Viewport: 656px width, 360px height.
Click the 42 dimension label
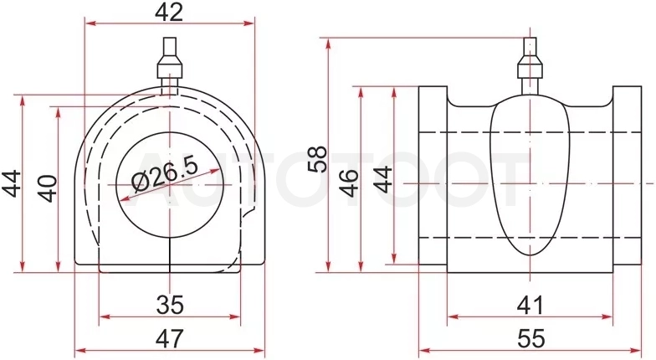coord(169,12)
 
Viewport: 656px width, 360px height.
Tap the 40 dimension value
coord(49,188)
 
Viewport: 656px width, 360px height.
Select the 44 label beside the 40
coord(12,183)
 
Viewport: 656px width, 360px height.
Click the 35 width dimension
coord(170,305)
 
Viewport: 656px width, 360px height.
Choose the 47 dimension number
coord(170,338)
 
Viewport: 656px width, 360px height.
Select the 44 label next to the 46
coord(383,179)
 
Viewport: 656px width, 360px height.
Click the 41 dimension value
coord(530,305)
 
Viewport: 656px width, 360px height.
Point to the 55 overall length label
coord(531,338)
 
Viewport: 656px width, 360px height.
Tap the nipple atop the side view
coord(530,65)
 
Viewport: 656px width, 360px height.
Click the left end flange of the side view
coord(433,176)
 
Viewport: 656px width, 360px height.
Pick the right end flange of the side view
coord(628,176)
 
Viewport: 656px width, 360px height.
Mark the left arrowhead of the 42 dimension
coord(90,23)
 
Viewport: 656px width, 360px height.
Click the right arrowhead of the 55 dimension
coord(636,350)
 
